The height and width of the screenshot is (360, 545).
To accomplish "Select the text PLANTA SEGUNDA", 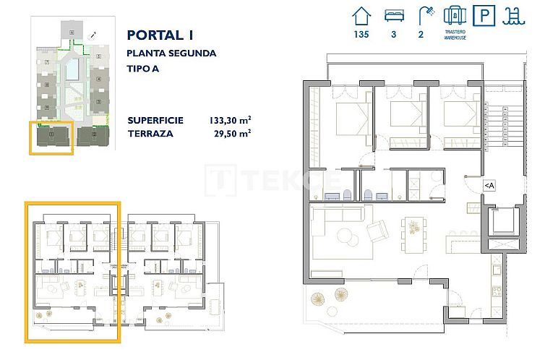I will click(171, 53).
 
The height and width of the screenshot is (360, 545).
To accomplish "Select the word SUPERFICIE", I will click(155, 120).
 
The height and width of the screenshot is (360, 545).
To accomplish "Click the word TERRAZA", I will click(150, 133).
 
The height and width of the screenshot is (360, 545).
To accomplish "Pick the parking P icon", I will click(484, 15).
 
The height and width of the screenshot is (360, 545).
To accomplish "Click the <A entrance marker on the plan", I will click(489, 186).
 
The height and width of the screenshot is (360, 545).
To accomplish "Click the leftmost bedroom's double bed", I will click(346, 116).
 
